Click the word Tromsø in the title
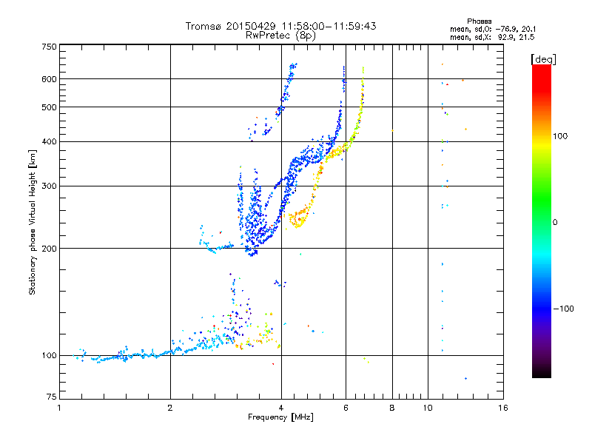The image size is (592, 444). click(x=204, y=26)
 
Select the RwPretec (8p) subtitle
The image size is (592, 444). click(x=280, y=36)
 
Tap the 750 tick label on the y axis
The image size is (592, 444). click(x=50, y=47)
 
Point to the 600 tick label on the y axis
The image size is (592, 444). click(x=50, y=79)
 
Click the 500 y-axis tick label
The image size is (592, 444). click(x=50, y=107)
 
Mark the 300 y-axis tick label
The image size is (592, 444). click(x=50, y=186)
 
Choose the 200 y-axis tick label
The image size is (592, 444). click(x=50, y=249)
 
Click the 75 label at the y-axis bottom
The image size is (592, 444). click(x=52, y=397)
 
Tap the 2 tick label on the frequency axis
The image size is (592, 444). click(x=170, y=408)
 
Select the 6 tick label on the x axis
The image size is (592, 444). click(x=346, y=408)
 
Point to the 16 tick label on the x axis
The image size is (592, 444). click(x=503, y=408)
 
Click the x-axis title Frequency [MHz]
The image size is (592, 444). click(x=280, y=417)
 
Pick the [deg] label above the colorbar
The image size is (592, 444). click(x=543, y=60)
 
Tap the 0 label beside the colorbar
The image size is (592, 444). click(x=555, y=222)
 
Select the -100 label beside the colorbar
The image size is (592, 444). click(x=564, y=309)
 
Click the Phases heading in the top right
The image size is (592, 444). click(x=479, y=21)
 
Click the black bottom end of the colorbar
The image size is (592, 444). click(x=542, y=375)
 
